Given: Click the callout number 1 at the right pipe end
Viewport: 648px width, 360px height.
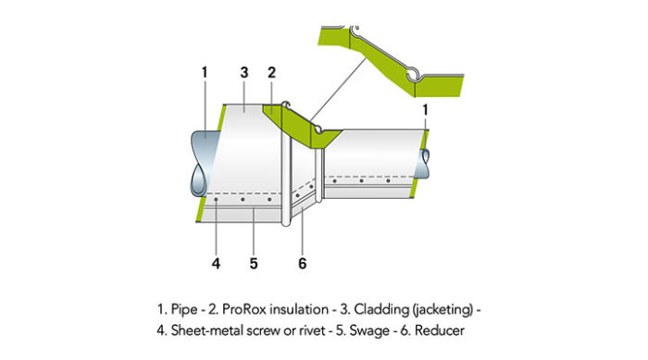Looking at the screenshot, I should click(x=426, y=109).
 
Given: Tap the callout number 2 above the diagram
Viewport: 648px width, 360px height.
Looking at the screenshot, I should click(x=272, y=72).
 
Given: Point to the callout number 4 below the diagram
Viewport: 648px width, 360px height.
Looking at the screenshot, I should click(x=216, y=262).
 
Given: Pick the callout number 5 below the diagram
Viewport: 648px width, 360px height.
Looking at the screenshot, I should click(x=254, y=262).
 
